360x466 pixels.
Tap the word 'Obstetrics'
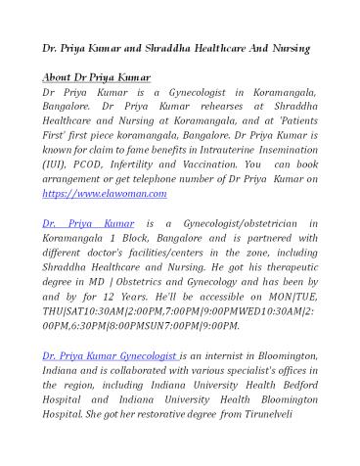click(x=164, y=275)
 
